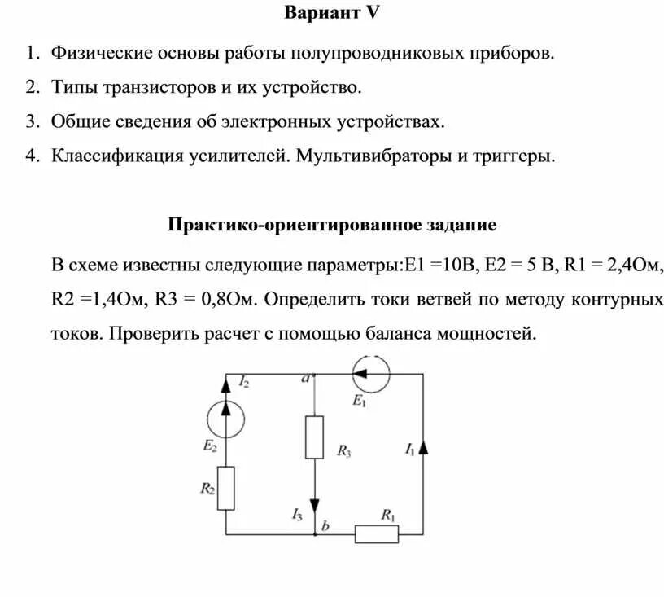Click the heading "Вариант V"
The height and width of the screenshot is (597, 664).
tap(332, 14)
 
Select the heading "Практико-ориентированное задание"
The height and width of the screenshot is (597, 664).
tap(332, 224)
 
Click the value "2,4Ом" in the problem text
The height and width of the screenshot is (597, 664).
tap(632, 266)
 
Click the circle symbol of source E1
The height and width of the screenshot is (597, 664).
tap(372, 373)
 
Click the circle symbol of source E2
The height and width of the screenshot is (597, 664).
tap(225, 420)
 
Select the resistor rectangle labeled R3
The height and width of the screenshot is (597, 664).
tap(314, 437)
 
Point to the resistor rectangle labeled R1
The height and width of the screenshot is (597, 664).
tap(377, 534)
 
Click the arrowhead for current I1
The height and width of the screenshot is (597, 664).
tap(424, 446)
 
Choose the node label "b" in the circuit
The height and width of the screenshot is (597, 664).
tap(325, 526)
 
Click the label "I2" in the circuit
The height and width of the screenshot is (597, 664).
tap(244, 381)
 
